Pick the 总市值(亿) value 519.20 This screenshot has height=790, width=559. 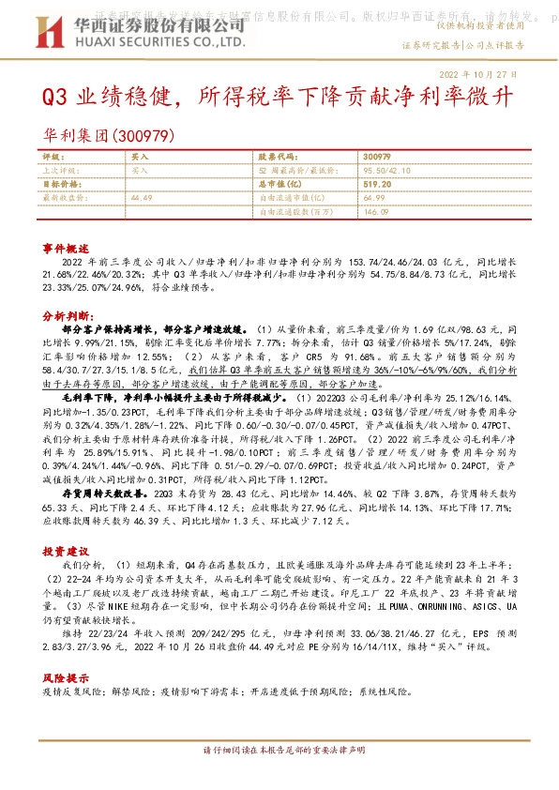[378, 185]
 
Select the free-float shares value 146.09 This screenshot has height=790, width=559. [374, 211]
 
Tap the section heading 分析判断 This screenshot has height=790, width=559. [64, 316]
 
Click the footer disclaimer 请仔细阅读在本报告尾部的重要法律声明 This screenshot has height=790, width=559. [279, 775]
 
